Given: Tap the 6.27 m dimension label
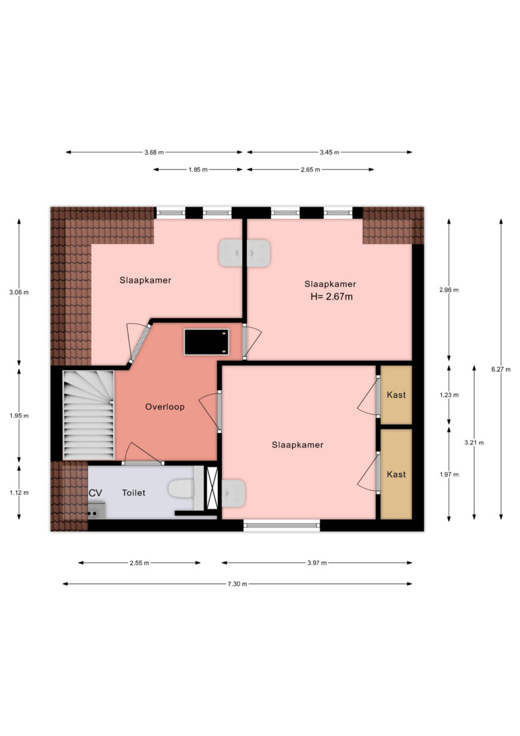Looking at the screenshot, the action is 500,369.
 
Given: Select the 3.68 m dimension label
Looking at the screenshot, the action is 154,153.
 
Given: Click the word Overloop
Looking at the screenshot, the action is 165,407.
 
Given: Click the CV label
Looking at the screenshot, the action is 96,493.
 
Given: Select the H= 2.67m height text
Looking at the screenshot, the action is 331,297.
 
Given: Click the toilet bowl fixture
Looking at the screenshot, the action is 182,489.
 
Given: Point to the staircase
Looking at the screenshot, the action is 88,415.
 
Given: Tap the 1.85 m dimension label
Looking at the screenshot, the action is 198,170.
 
